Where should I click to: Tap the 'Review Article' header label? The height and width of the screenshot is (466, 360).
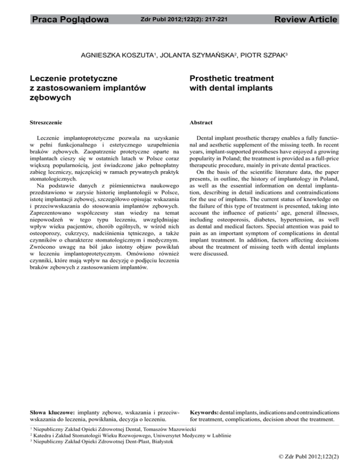coord(305,20)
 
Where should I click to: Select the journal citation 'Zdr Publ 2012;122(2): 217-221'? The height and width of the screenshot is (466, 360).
coord(180,20)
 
